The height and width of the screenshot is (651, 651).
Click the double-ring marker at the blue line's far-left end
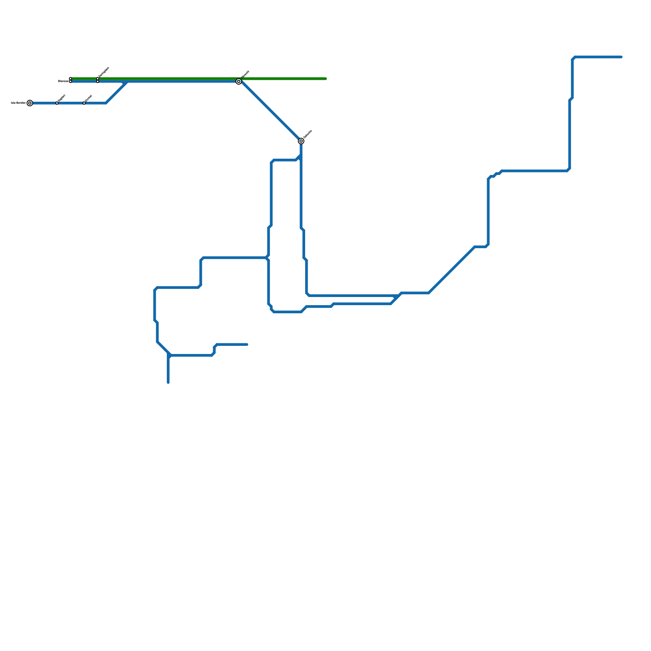point(30,103)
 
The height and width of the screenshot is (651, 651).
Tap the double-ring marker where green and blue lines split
point(239,81)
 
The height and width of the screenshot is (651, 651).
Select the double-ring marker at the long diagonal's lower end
point(301,141)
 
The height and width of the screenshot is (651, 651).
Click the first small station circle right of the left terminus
point(57,103)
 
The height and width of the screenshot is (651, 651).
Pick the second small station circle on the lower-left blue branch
point(84,103)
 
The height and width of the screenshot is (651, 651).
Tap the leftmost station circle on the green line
point(70,79)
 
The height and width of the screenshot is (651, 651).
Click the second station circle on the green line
point(98,79)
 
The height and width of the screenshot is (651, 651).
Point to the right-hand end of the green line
point(326,79)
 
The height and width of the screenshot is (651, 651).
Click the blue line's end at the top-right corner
point(621,57)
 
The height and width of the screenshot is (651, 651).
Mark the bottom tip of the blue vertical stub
point(168,382)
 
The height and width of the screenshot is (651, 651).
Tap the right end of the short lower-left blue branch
point(247,345)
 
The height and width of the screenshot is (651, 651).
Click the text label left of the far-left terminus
point(18,103)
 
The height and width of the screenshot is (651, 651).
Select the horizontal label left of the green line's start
point(63,81)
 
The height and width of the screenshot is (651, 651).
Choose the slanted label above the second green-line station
point(104,72)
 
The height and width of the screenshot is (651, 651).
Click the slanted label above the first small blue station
point(62,98)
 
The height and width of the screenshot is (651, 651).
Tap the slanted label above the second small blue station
point(89,98)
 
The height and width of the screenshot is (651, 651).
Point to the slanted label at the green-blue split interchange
point(245,74)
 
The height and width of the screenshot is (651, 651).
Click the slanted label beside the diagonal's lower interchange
point(308,134)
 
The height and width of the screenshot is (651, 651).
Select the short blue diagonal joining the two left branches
point(116,92)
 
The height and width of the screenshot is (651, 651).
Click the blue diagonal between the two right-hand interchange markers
point(270,111)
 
